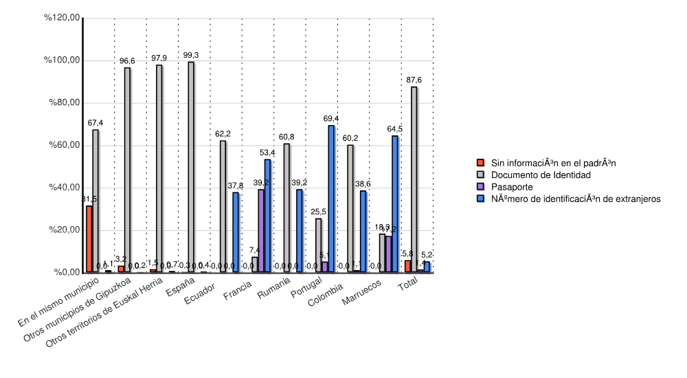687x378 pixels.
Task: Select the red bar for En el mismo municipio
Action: point(89,239)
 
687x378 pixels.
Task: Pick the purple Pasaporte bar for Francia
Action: point(261,231)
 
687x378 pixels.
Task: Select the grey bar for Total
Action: point(414,179)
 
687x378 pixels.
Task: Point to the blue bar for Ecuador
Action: point(236,232)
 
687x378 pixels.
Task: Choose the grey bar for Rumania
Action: point(286,208)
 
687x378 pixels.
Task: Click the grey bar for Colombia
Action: point(350,208)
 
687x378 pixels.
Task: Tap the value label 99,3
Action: point(191,56)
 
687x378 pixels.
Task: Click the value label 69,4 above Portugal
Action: point(331,119)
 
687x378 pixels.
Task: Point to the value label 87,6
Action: point(414,80)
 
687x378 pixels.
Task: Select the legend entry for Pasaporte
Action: point(511,187)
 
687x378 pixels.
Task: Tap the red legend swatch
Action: point(482,163)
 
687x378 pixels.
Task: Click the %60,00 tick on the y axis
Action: point(62,146)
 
